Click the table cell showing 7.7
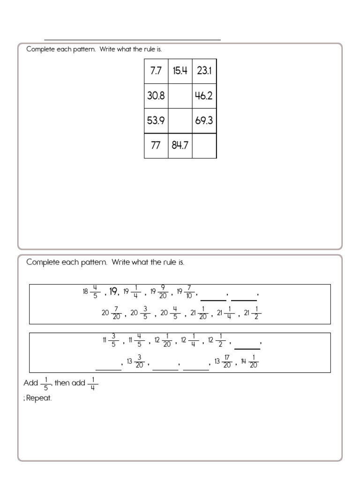[x=156, y=71]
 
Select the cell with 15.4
[x=180, y=71]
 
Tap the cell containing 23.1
[x=204, y=71]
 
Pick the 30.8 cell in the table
[x=156, y=96]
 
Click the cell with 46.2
[x=204, y=96]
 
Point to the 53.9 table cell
[x=156, y=121]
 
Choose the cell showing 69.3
[x=204, y=121]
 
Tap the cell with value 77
[x=156, y=146]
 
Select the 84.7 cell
[x=180, y=146]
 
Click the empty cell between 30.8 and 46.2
[x=180, y=96]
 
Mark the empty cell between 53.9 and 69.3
[x=180, y=121]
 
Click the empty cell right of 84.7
[x=204, y=146]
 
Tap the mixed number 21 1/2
[x=251, y=313]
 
